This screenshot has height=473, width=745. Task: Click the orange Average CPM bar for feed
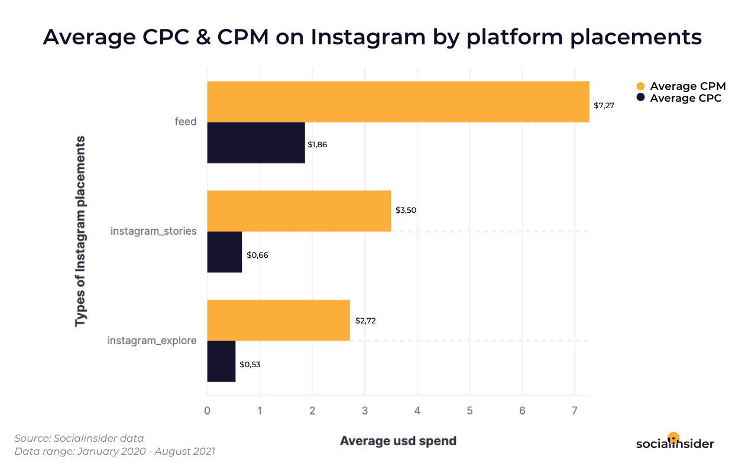pos(398,102)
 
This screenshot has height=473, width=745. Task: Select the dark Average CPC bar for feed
pos(256,142)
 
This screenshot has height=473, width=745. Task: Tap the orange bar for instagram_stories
pos(299,211)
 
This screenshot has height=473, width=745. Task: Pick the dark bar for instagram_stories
pos(225,252)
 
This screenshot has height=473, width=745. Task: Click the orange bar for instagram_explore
pos(278,320)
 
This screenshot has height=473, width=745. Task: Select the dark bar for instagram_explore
pos(221,361)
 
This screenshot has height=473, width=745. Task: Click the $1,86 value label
pos(317,144)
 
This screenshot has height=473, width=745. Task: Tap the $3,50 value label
pos(406,210)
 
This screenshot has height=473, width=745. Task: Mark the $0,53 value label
pos(250,364)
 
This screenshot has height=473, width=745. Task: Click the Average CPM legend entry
pos(687,86)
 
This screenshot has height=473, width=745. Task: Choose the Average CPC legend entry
pos(685,98)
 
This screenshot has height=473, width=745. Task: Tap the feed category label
pos(185,122)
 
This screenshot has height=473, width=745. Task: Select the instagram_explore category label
pos(152,341)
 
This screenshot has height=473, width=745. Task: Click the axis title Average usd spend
pos(398,440)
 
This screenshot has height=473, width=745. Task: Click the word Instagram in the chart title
pos(368,37)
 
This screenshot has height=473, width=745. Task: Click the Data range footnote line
pos(115,452)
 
